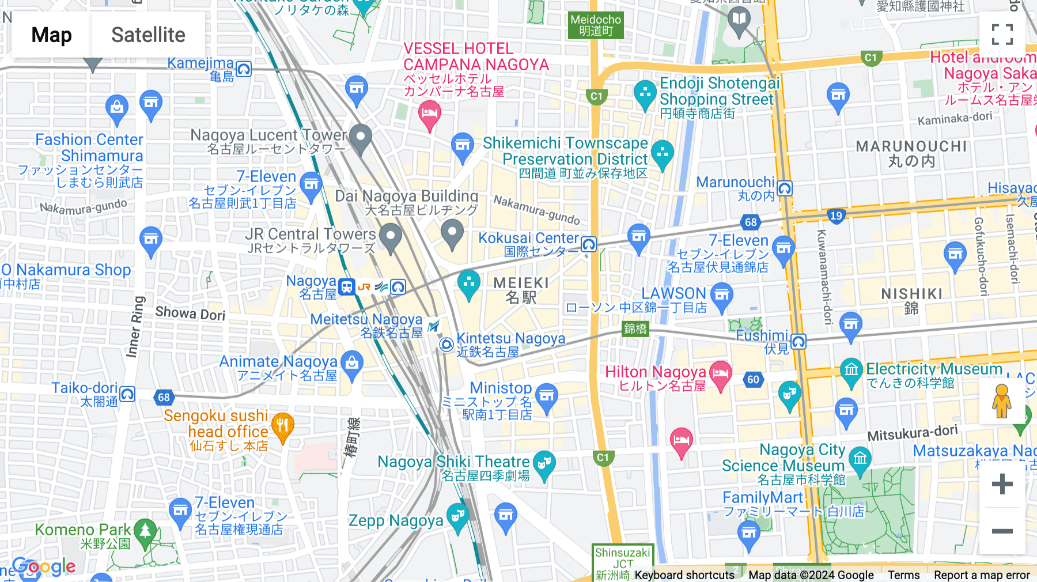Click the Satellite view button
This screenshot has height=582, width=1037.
(x=148, y=35)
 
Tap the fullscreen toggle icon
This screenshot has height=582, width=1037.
(x=1002, y=35)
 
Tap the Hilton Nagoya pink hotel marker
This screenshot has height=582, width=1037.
(x=720, y=373)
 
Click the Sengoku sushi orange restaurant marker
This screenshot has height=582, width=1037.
(x=282, y=426)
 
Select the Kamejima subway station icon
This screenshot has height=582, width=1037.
(x=244, y=70)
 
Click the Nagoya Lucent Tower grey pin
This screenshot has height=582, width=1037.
(x=361, y=138)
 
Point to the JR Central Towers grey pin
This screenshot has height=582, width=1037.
(x=391, y=237)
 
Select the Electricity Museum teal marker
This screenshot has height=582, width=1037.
(x=851, y=371)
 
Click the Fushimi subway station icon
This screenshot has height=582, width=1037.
(x=798, y=342)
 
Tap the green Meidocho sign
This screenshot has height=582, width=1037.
(x=596, y=25)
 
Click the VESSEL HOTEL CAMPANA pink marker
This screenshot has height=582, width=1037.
(x=430, y=114)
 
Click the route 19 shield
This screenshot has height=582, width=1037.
(x=837, y=216)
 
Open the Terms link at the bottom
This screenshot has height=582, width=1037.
(x=903, y=575)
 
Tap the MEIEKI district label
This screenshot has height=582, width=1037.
(x=521, y=290)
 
